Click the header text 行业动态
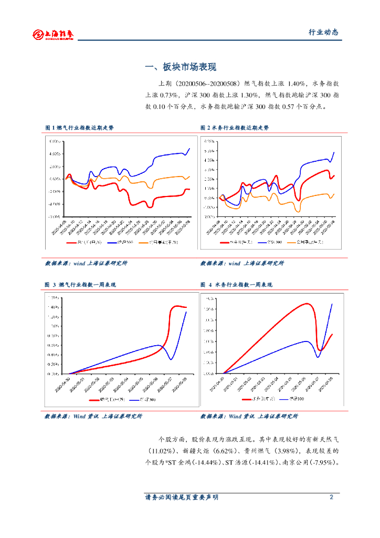pyautogui.click(x=323, y=32)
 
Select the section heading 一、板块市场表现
pyautogui.click(x=181, y=67)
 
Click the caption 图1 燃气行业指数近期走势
pyautogui.click(x=79, y=128)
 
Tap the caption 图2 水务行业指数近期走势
pyautogui.click(x=235, y=128)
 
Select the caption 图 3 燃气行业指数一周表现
pyautogui.click(x=80, y=285)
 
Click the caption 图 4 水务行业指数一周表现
pyautogui.click(x=236, y=285)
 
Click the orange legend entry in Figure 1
pyautogui.click(x=152, y=242)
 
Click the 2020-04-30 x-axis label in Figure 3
pyautogui.click(x=65, y=382)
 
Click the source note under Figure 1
pyautogui.click(x=86, y=263)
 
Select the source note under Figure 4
pyautogui.click(x=249, y=416)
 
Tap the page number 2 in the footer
pyautogui.click(x=331, y=497)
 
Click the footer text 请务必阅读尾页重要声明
pyautogui.click(x=182, y=497)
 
